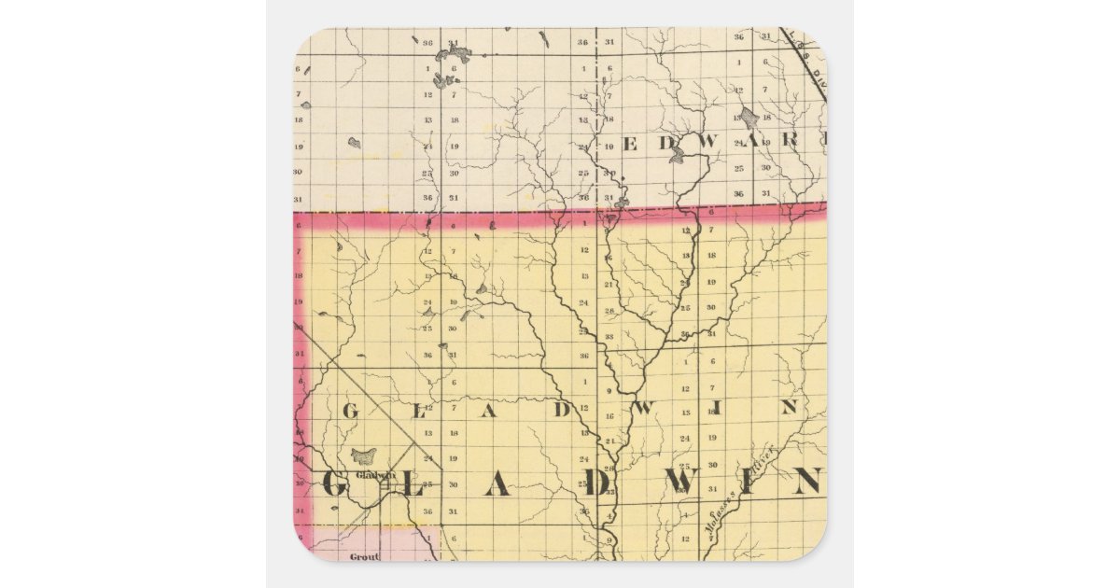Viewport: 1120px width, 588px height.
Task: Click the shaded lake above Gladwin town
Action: click(x=363, y=456)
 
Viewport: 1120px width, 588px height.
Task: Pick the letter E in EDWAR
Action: click(x=629, y=144)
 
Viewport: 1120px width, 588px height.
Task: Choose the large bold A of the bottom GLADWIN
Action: click(x=497, y=483)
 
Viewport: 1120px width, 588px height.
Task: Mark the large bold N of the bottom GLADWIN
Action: click(x=806, y=482)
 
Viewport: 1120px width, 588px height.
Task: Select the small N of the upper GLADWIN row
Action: click(x=789, y=407)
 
